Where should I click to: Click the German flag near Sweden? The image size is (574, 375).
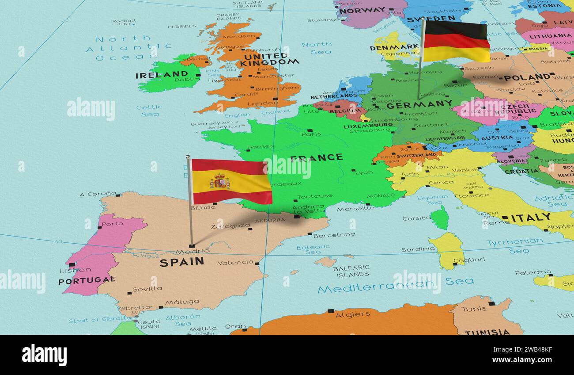coord(456,41)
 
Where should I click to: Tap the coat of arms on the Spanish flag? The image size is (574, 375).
coord(219,181)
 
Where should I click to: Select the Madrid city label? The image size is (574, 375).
coord(193,251)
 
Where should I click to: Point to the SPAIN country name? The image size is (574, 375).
coord(181,262)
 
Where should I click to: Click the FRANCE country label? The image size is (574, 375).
coord(316,157)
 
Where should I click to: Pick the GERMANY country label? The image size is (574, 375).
coord(419,104)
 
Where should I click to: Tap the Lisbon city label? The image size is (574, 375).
coord(69,270)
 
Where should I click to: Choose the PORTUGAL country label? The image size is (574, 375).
coord(87,280)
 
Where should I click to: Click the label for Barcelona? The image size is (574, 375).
coord(334,235)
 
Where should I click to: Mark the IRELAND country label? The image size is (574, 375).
coord(162,75)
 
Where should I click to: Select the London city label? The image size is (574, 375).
coord(257,103)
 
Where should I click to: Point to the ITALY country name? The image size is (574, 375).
coord(531,217)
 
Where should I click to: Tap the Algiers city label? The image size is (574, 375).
coord(352,314)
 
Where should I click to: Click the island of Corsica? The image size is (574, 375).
coord(439,218)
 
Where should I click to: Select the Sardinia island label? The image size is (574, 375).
coord(418,249)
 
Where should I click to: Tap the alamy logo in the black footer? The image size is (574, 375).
coord(44,355)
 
